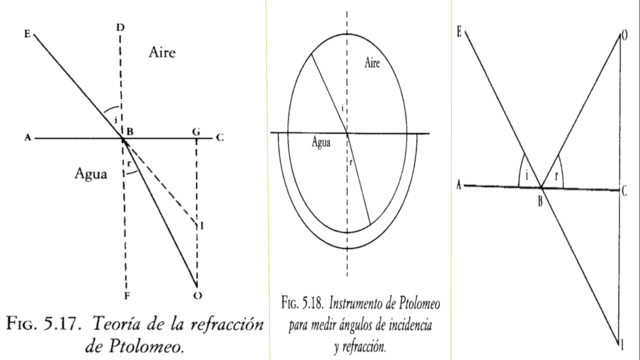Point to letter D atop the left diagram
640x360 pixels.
click(120, 25)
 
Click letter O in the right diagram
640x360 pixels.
click(625, 36)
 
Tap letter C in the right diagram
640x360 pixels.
click(625, 190)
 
